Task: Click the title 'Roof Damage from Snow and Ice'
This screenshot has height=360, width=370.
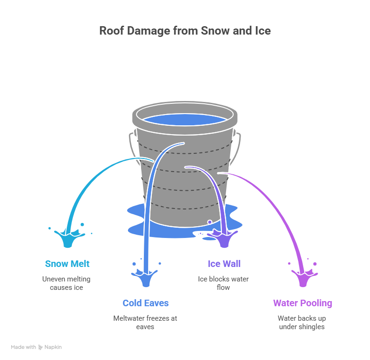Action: point(185,31)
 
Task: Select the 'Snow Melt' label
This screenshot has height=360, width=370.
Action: point(67,264)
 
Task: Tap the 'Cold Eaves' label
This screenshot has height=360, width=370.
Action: point(146,303)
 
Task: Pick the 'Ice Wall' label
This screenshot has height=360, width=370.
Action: point(224,264)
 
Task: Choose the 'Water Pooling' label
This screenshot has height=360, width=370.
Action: point(303,303)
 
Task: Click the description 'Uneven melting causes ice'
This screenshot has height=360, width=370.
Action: point(66,283)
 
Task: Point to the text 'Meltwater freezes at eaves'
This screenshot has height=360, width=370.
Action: point(145,323)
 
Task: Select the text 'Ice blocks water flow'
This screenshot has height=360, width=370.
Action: point(223,283)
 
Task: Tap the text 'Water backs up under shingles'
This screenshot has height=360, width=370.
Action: point(302,323)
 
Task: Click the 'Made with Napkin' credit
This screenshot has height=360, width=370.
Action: point(36,347)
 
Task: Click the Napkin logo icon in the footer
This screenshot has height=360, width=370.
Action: point(41,347)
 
